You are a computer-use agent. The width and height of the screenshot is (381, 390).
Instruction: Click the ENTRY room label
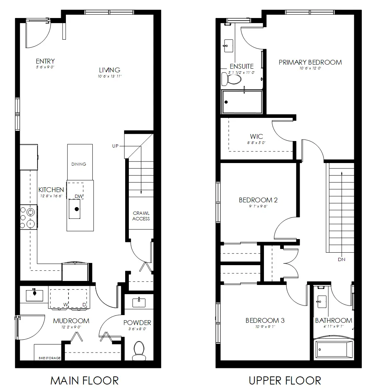45,61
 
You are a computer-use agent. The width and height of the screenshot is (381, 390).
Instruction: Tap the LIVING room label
109,70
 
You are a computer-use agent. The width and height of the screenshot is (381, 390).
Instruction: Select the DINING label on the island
79,164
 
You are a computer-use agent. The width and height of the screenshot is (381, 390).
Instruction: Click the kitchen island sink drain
77,209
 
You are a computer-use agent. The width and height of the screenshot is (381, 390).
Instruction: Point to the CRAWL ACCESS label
141,216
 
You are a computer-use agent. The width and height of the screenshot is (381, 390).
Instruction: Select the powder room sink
139,302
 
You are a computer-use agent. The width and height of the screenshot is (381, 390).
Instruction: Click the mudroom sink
34,294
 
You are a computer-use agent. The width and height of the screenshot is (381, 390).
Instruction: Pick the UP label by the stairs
116,146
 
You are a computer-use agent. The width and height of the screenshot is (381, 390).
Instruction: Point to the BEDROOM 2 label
258,200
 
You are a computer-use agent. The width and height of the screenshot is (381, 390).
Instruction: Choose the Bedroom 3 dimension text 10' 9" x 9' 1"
265,327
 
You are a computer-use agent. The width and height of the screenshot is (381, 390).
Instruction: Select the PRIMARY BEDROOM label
310,62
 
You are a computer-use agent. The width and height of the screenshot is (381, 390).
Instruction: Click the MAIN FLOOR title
84,380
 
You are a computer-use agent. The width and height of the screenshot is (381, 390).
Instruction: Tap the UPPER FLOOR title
285,380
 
